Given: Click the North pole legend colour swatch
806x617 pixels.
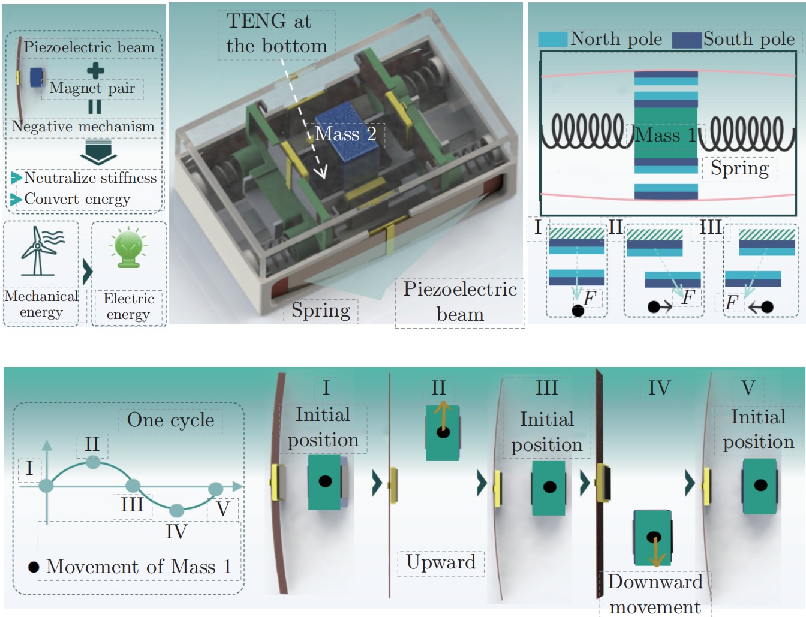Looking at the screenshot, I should [552, 40].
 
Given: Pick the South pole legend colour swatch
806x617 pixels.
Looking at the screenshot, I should [687, 40].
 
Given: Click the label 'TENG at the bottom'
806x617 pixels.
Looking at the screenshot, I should [276, 34].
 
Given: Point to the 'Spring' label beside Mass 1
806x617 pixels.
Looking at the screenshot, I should [739, 168].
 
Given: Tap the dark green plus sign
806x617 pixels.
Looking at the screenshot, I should [95, 70].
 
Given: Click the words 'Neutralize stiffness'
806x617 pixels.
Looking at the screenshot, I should [90, 178].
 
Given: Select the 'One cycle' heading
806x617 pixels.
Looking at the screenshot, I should [170, 420].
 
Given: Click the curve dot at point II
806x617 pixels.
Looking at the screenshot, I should [93, 462].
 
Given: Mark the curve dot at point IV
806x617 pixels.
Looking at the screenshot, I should [176, 510].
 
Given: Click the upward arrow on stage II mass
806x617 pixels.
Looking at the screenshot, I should [443, 416].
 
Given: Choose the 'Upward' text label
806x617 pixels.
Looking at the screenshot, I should [441, 562].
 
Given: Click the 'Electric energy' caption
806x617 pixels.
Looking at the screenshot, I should [128, 306].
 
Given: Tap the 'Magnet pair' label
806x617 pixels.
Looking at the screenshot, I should [92, 89].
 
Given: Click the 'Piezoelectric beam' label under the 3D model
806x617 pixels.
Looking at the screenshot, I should [460, 302].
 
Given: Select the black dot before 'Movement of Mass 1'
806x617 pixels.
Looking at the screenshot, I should [34, 567].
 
